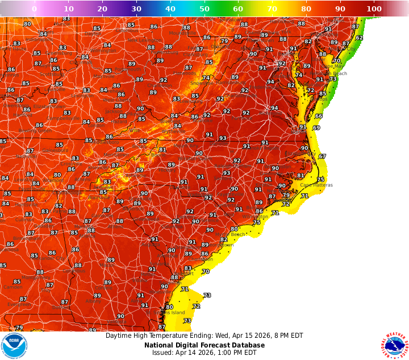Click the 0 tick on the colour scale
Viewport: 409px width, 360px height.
click(x=34, y=9)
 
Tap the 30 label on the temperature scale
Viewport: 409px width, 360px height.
click(x=136, y=9)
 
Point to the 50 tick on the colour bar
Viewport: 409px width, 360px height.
click(x=204, y=9)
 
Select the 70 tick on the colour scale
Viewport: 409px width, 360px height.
click(x=273, y=9)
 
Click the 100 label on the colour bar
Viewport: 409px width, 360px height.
click(x=374, y=9)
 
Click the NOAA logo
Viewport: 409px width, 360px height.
click(x=14, y=345)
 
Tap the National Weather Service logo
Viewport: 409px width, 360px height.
click(x=395, y=345)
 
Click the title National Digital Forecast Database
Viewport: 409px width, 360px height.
click(x=204, y=345)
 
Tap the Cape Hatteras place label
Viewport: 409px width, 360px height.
click(x=316, y=185)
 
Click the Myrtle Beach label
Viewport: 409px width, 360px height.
click(x=229, y=234)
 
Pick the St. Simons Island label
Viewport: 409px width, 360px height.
click(x=171, y=312)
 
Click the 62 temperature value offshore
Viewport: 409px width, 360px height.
click(x=359, y=38)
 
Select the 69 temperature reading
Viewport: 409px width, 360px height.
click(x=316, y=127)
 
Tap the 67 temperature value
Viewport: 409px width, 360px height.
click(x=322, y=156)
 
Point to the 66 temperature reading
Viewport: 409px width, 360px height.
click(x=319, y=116)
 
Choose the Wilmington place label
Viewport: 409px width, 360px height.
click(x=255, y=217)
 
